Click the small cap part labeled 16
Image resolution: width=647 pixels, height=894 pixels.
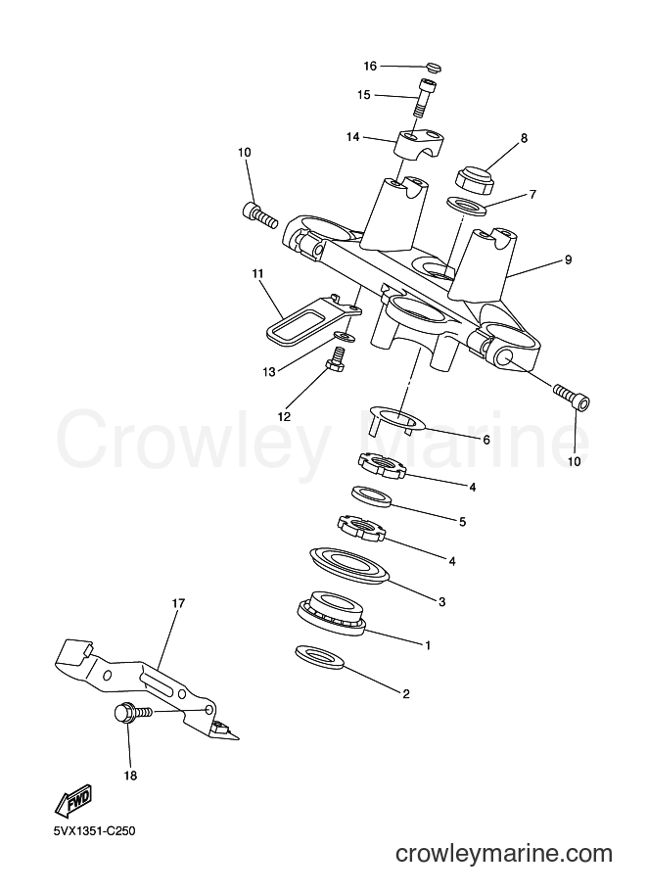(x=434, y=68)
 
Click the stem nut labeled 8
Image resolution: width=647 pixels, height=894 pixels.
(x=475, y=179)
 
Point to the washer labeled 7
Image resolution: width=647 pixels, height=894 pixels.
(x=467, y=206)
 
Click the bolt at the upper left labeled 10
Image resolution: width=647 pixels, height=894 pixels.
(x=258, y=214)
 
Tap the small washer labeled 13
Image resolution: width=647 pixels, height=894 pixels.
(x=344, y=337)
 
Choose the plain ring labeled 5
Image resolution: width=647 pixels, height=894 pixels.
(x=372, y=497)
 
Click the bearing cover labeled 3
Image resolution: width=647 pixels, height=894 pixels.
(x=348, y=565)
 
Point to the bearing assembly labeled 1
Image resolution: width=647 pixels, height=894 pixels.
(x=331, y=614)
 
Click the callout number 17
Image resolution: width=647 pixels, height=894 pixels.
(x=178, y=603)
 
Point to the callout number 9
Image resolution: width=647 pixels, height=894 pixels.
(x=568, y=260)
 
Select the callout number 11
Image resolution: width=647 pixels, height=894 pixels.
(x=257, y=274)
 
